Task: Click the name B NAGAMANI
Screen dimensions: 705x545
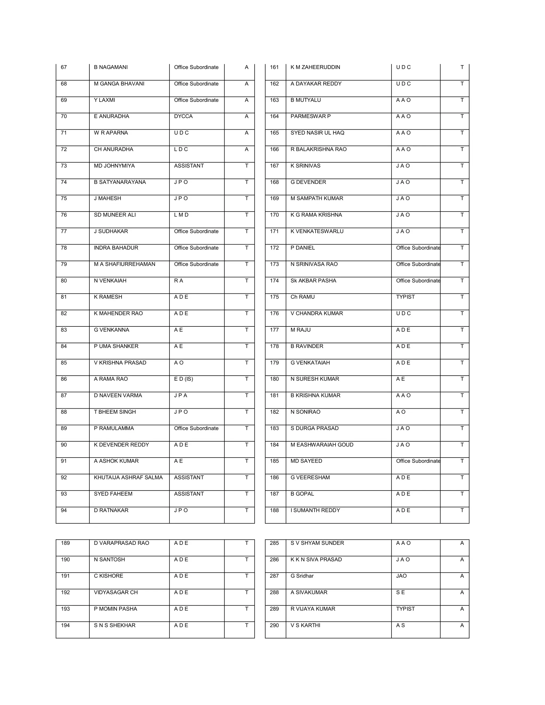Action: pyautogui.click(x=111, y=67)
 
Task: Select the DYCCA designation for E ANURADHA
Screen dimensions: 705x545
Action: pyautogui.click(x=183, y=116)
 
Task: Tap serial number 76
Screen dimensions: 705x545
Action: pyautogui.click(x=64, y=215)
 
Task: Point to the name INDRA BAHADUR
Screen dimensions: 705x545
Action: pyautogui.click(x=116, y=248)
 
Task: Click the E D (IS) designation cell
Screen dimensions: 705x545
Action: pyautogui.click(x=183, y=379)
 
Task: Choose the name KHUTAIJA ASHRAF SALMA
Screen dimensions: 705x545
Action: pyautogui.click(x=128, y=478)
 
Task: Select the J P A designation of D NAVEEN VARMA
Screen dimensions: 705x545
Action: pyautogui.click(x=180, y=395)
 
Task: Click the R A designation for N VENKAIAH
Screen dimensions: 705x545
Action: pyautogui.click(x=179, y=280)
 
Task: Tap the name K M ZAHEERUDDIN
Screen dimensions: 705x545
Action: pyautogui.click(x=315, y=67)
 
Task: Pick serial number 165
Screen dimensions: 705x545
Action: pyautogui.click(x=274, y=133)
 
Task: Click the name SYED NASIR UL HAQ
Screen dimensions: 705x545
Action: pyautogui.click(x=317, y=133)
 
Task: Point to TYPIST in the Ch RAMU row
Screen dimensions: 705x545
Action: pyautogui.click(x=405, y=297)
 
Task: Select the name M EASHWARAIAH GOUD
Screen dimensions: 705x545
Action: pyautogui.click(x=322, y=445)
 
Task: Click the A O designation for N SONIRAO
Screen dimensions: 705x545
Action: pyautogui.click(x=401, y=412)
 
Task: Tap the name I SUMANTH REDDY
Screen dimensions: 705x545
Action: pyautogui.click(x=315, y=510)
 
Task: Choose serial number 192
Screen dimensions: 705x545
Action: pyautogui.click(x=65, y=592)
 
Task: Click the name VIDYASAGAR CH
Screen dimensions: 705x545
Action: pyautogui.click(x=115, y=592)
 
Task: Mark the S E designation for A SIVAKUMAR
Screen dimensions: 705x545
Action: pyautogui.click(x=400, y=592)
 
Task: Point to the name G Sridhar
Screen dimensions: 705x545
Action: pyautogui.click(x=302, y=576)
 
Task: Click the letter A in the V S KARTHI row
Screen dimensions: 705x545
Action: pyautogui.click(x=462, y=625)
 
